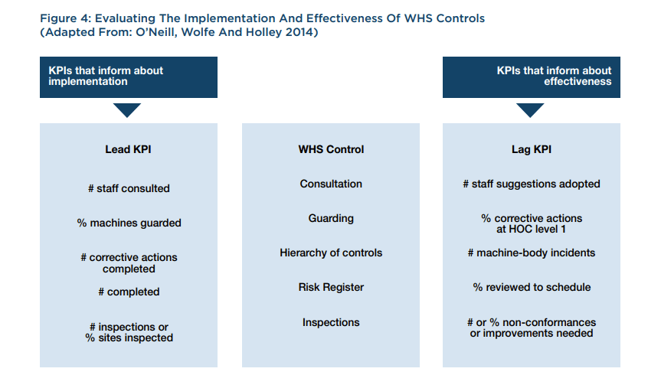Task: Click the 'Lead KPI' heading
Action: point(128,149)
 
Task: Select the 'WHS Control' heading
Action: point(331,149)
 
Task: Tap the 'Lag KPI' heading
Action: point(532,149)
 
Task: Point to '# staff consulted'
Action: point(129,188)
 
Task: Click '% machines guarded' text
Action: point(129,223)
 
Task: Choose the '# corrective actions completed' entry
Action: point(129,263)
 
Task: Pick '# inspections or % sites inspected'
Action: point(129,332)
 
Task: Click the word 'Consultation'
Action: point(331,184)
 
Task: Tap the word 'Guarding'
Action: point(331,218)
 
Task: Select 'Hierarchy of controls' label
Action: point(331,253)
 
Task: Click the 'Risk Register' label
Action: point(331,288)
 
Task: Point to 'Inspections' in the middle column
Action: point(331,322)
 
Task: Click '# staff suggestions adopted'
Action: point(532,184)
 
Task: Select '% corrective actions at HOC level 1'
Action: point(532,223)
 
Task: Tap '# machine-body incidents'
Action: point(532,253)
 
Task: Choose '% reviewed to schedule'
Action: point(532,288)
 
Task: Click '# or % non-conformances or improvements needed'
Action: point(532,328)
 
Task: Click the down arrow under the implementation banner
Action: point(127,109)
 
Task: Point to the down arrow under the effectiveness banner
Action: point(530,109)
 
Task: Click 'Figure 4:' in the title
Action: point(65,18)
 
